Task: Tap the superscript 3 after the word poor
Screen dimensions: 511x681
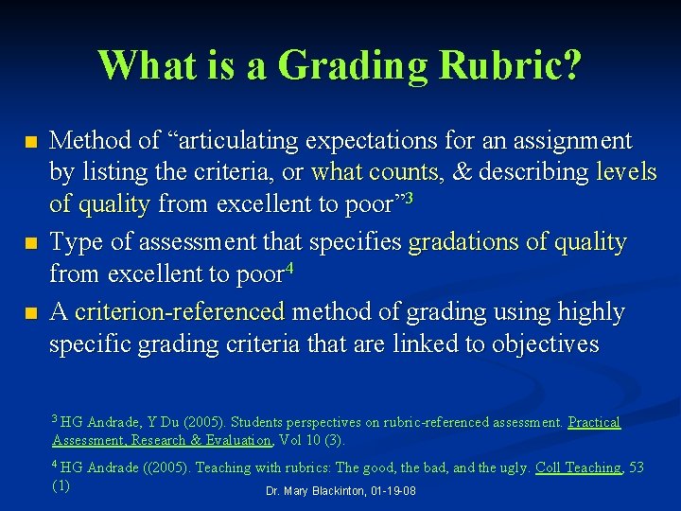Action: (410, 198)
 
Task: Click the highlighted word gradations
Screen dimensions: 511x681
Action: (458, 243)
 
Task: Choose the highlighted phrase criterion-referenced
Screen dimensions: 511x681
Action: (180, 311)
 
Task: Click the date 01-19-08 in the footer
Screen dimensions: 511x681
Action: (396, 492)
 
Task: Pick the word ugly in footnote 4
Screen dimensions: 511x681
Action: (509, 467)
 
